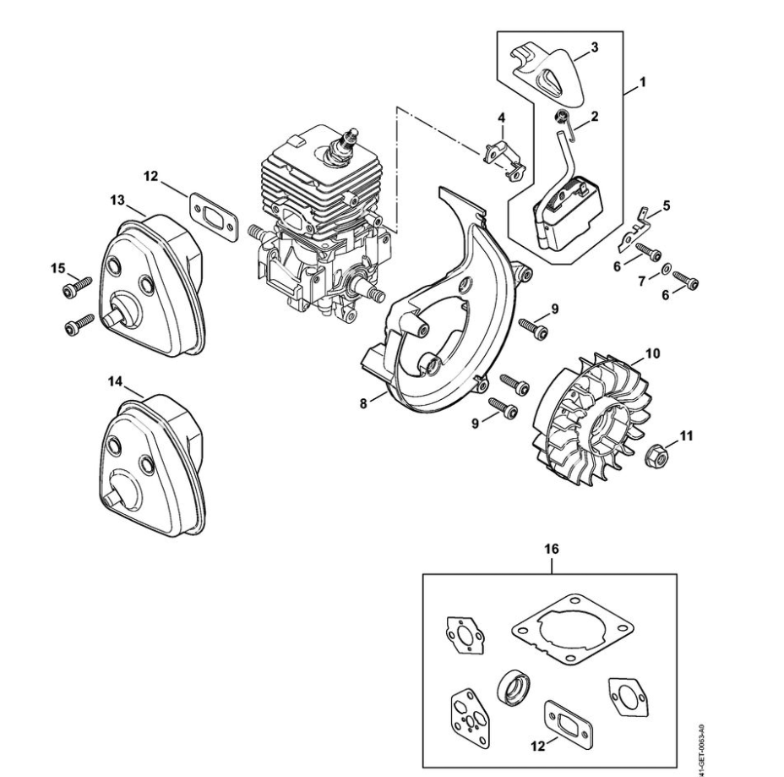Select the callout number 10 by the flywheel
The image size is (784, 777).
[653, 353]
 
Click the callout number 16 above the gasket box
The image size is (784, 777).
[552, 549]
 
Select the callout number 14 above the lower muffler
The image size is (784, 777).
[116, 382]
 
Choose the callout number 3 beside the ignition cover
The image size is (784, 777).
[594, 48]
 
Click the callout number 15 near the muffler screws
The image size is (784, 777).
[57, 268]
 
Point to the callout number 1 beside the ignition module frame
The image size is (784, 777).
[643, 84]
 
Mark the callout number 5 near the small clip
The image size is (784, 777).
[667, 205]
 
